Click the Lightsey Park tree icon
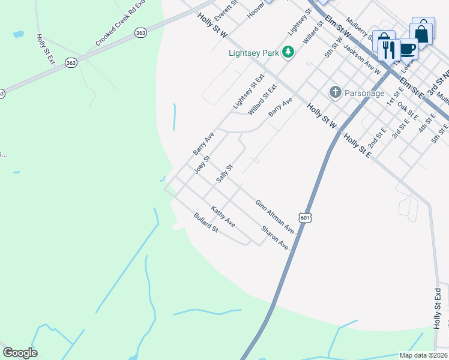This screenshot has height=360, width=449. click(x=289, y=52)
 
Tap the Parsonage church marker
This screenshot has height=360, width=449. click(x=335, y=92)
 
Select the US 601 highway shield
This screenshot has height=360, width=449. click(x=305, y=218)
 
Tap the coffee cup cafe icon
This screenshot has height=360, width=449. click(x=408, y=48)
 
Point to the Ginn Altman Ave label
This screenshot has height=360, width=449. click(x=274, y=217)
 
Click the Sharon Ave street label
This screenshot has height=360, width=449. click(x=275, y=238)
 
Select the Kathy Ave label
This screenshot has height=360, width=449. click(x=223, y=217)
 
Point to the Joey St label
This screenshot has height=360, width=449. click(x=202, y=165)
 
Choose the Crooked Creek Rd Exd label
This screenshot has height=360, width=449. click(x=121, y=23)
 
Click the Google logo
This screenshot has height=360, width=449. click(x=20, y=353)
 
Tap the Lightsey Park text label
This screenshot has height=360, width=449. click(x=254, y=53)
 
